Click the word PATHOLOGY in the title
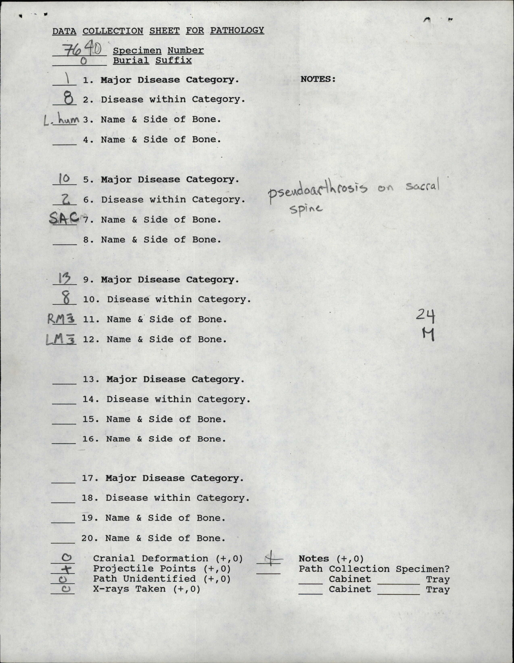tap(237, 30)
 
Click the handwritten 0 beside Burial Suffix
tap(83, 61)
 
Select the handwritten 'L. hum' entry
tap(61, 121)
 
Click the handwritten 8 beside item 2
tap(68, 98)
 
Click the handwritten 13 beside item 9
tap(64, 278)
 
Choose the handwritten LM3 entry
tap(60, 340)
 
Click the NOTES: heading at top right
tap(318, 79)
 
